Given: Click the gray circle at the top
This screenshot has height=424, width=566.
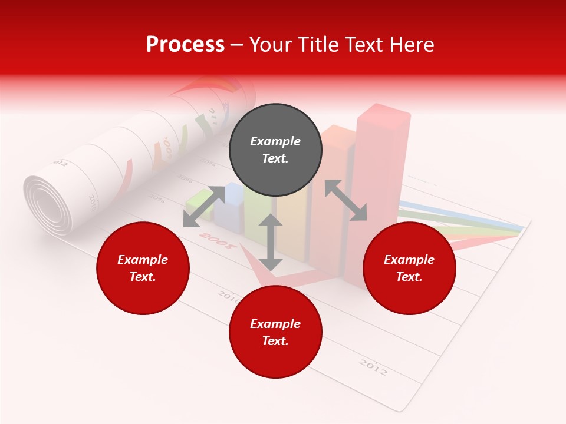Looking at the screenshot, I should pos(275,150).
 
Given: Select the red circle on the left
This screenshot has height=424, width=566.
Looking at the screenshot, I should pos(143,268).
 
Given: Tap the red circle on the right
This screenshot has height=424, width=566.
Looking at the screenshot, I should pos(409,268).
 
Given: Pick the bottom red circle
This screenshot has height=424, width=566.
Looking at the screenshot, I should pos(275,332).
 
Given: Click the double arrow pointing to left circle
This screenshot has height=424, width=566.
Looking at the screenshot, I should pos(204,206).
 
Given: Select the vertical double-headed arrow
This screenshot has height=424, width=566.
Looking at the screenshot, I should pos(271,242).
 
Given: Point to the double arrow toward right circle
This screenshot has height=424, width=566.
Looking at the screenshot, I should pos(345,200).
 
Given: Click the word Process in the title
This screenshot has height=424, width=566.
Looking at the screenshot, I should pos(185,44).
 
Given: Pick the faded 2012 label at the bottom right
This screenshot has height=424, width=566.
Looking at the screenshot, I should pos(373,367).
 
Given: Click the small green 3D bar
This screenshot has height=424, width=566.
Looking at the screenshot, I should pos(199,206).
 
